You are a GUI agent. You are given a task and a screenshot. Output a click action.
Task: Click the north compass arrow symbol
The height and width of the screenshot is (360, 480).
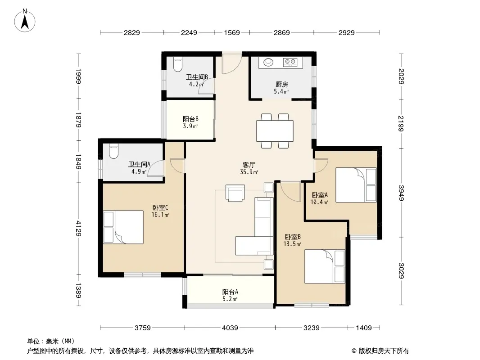coord(25,20)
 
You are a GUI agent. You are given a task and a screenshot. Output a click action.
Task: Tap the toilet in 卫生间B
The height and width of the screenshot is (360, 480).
coord(178,64)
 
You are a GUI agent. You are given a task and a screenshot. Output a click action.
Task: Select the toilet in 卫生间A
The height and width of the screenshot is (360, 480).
coord(113,151)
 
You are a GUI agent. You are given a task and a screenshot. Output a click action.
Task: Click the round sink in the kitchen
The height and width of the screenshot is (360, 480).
coord(268,62)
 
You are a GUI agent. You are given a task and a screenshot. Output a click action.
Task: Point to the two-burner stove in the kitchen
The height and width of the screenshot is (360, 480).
coord(290,62)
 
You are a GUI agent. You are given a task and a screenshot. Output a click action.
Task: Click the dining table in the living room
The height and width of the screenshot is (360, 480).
coord(275,131)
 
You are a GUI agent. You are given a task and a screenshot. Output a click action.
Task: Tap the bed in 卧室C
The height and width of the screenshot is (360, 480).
coord(123,227)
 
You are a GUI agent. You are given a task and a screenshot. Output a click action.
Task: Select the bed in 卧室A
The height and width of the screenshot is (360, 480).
coord(356,185)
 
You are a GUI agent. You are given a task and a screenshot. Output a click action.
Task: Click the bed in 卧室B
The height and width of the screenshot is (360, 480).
coord(325,266)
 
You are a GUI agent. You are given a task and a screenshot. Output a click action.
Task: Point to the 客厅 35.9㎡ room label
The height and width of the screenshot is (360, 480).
coord(249,169)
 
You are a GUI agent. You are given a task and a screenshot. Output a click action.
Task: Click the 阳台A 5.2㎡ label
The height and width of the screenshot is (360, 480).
coord(230,295)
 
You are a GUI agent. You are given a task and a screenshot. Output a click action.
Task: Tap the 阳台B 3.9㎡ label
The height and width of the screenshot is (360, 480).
coord(190,122)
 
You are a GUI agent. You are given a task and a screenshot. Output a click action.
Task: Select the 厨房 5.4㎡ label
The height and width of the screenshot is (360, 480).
coord(281,87)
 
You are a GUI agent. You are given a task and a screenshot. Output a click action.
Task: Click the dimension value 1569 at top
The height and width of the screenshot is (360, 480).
coord(232,32)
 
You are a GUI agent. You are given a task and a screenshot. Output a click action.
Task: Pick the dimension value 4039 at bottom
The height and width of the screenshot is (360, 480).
coord(230,328)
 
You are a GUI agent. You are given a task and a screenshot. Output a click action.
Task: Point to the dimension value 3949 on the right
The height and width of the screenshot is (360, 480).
coord(401,193)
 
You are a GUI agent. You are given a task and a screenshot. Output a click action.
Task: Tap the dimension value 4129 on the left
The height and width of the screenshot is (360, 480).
coord(79,228)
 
